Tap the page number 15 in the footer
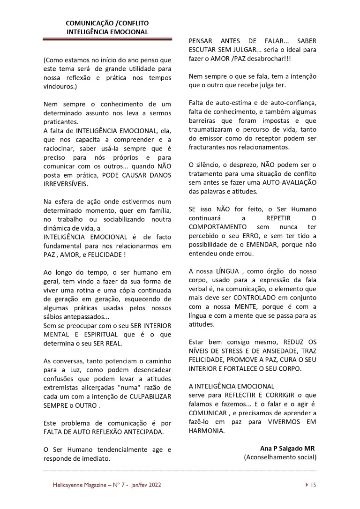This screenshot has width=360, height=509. pyautogui.click(x=314, y=486)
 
